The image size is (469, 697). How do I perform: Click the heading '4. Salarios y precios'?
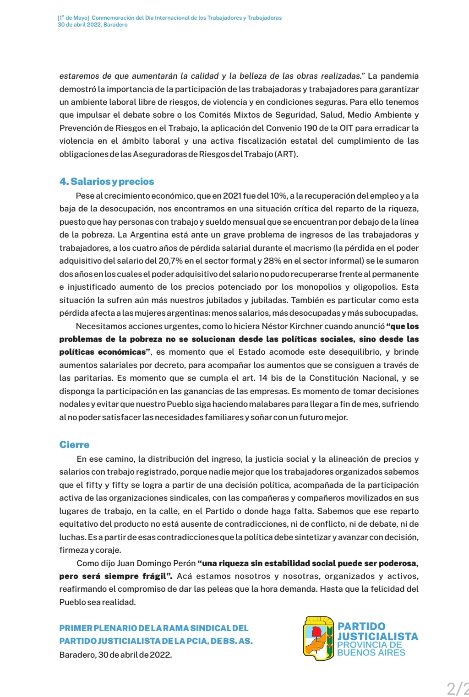coord(107,182)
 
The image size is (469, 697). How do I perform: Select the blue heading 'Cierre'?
coord(74,445)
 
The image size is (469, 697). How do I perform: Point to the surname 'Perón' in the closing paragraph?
coord(184,563)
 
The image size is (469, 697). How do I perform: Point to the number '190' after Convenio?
coord(309,128)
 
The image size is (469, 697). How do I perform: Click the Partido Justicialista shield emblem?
coord(318,638)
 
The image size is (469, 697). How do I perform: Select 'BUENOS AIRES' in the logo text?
coord(371,653)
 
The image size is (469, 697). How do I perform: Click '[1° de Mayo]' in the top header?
coord(73,18)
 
